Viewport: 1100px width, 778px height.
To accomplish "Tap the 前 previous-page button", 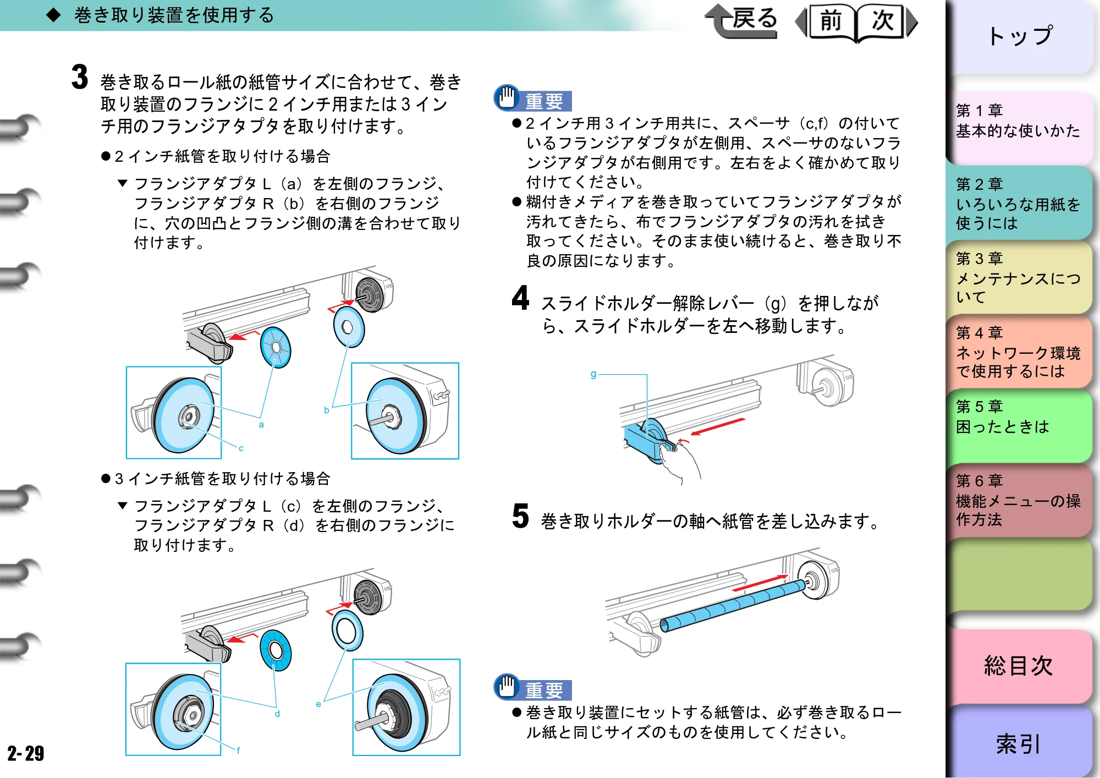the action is (829, 22).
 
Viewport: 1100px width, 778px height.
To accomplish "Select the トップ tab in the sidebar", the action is (1020, 36).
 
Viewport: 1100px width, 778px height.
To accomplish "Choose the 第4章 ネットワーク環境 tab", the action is (1020, 352).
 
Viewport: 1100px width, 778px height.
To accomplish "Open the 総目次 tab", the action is (1020, 666).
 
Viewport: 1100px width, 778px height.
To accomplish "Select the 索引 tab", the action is (1020, 743).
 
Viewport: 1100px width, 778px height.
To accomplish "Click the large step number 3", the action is (80, 76).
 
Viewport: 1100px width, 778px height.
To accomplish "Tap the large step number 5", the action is (520, 516).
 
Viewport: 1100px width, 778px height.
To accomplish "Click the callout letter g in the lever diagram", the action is (593, 374).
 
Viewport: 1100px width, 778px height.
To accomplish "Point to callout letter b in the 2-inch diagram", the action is (327, 410).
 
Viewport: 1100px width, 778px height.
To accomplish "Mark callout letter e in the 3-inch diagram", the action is (318, 704).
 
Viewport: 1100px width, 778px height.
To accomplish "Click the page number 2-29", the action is (25, 753).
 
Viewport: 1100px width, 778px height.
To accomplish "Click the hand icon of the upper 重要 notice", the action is (507, 97).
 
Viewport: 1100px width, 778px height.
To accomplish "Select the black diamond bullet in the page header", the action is (53, 15).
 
